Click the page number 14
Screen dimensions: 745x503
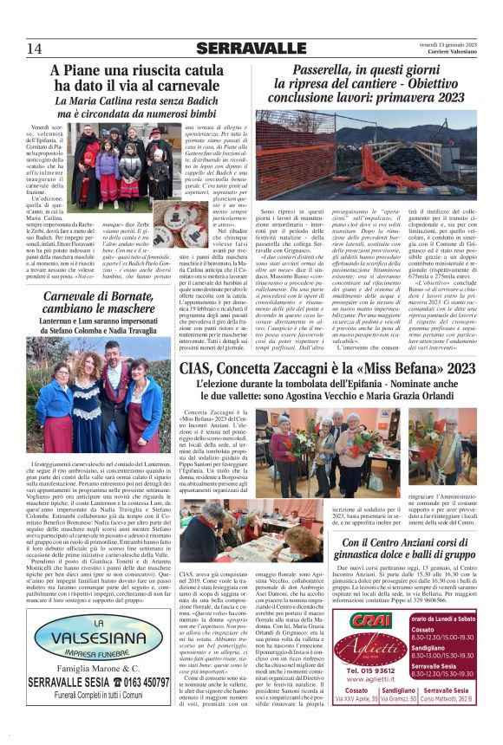[x=35, y=48]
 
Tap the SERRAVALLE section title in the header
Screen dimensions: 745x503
[x=251, y=48]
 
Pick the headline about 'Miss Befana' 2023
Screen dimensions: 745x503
[x=329, y=372]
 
